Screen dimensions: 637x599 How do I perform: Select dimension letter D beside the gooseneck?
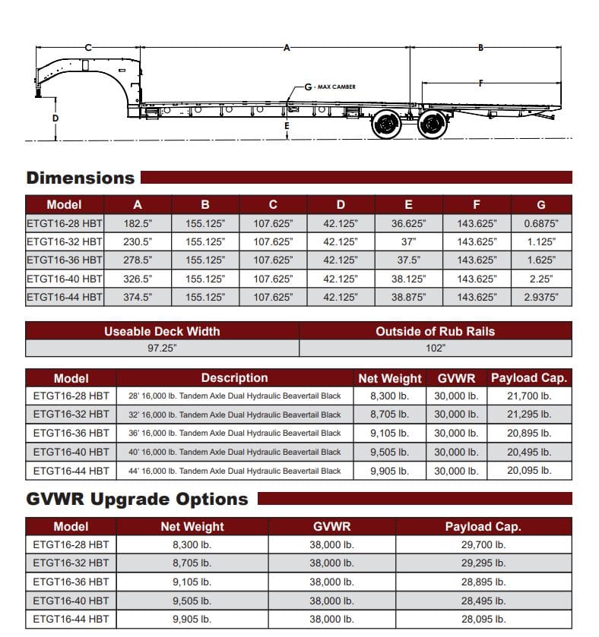pos(55,118)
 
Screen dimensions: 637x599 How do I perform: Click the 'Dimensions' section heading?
pos(80,178)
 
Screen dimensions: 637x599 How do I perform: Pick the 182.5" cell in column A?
pos(138,224)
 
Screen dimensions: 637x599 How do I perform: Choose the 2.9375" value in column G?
pos(540,297)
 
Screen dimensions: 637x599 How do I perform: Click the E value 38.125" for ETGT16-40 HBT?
pos(408,279)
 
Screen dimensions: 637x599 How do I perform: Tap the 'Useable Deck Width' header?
pos(162,331)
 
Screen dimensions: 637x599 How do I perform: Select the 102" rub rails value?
pos(435,348)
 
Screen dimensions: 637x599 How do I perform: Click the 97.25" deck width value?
pos(162,348)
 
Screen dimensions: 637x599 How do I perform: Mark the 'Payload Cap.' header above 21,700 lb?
pos(529,378)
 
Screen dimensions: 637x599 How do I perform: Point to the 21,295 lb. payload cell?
pos(529,415)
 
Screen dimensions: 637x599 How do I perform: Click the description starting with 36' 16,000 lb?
pos(234,434)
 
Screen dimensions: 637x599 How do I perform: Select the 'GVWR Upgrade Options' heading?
pos(137,500)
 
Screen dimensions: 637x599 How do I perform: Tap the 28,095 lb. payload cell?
pos(483,619)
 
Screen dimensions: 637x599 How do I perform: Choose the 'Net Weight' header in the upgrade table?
pos(192,526)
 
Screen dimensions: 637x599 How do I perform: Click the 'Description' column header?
pos(234,378)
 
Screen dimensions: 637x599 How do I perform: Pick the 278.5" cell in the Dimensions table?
pos(138,260)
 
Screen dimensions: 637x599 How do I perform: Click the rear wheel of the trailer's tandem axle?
pos(432,125)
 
